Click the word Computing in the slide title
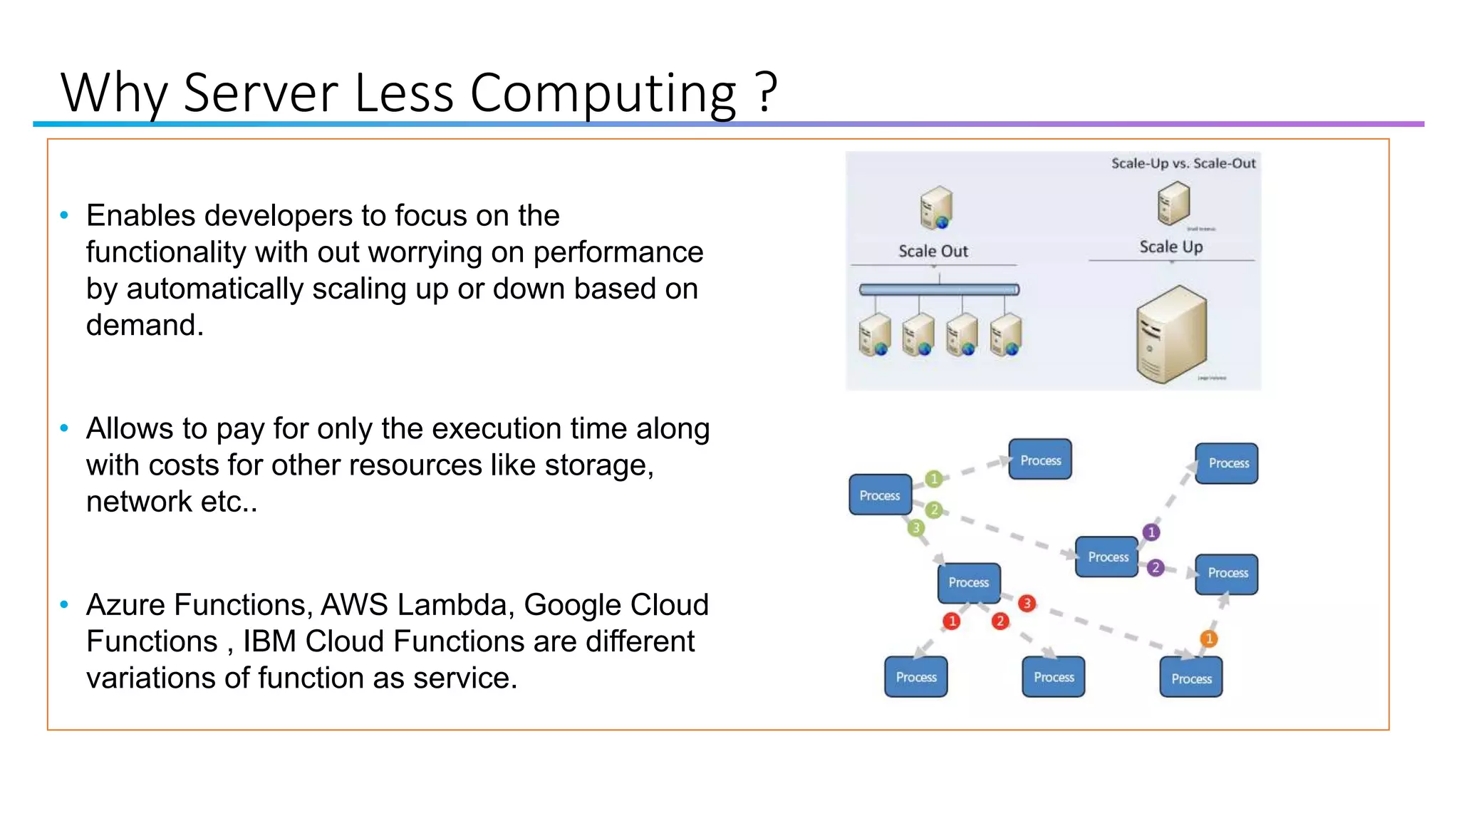tap(602, 93)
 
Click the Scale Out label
tap(933, 251)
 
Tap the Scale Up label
tap(1170, 247)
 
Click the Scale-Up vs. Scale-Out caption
tap(1183, 163)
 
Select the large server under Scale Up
tap(1171, 334)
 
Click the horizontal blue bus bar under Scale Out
tap(939, 289)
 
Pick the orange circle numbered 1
tap(1208, 639)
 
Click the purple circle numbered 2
tap(1156, 567)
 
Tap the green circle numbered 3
tap(916, 528)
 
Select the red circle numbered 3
tap(1027, 604)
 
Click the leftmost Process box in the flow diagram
tap(880, 495)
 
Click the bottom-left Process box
tap(916, 677)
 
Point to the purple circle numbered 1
tap(1151, 532)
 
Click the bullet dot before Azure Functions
tap(64, 605)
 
